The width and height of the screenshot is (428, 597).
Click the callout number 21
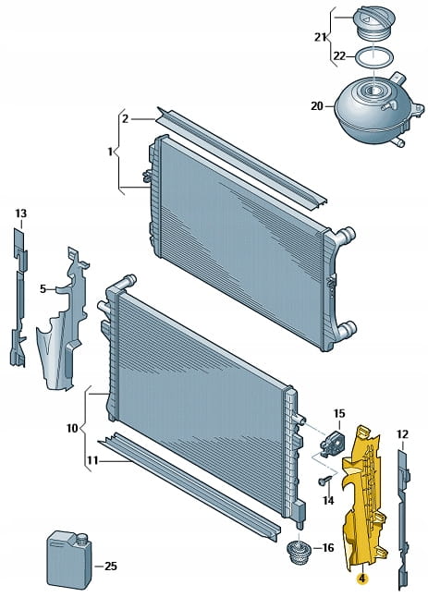[x=320, y=37]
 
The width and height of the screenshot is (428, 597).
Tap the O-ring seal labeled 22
[x=374, y=57]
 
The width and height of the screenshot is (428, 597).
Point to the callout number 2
[x=126, y=119]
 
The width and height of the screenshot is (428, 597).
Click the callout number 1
[x=110, y=152]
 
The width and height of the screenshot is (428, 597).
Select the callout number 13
[x=21, y=213]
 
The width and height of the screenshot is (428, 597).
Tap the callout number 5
[x=43, y=289]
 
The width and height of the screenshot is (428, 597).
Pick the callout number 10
[x=72, y=428]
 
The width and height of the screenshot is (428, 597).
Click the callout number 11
[x=92, y=461]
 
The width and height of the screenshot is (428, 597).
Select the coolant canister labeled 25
[x=69, y=559]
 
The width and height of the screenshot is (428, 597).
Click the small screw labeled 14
[x=324, y=481]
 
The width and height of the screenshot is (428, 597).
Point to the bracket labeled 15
[x=331, y=441]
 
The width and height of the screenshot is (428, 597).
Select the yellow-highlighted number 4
[x=361, y=579]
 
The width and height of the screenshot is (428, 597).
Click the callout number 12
[x=402, y=434]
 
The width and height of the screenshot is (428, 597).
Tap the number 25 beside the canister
[x=110, y=567]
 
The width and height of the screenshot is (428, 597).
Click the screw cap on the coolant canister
[x=82, y=538]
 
